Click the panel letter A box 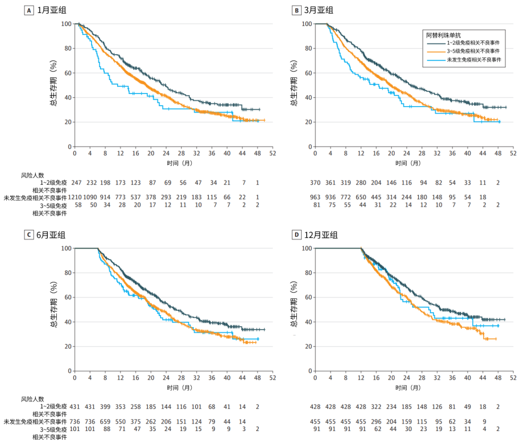pyautogui.click(x=29, y=10)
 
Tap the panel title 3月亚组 pyautogui.click(x=319, y=10)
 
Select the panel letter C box pyautogui.click(x=29, y=235)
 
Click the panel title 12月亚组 pyautogui.click(x=321, y=235)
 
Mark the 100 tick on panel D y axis pyautogui.click(x=306, y=248)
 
